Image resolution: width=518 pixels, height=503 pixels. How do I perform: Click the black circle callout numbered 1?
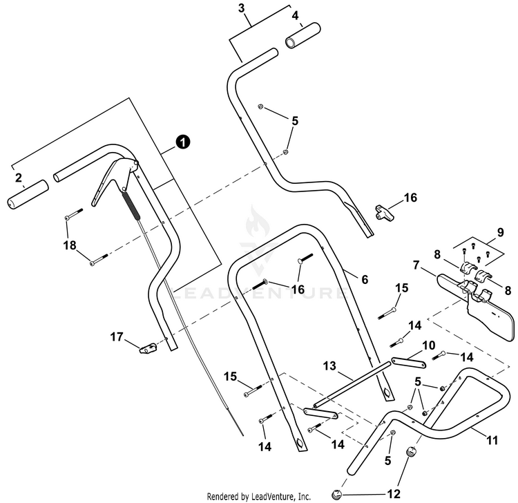[183, 142]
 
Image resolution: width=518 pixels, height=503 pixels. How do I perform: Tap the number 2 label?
[19, 178]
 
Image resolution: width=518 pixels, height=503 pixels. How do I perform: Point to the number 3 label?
[242, 8]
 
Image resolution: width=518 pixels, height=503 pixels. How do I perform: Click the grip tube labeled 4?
[303, 36]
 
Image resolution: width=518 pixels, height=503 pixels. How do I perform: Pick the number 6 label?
[365, 280]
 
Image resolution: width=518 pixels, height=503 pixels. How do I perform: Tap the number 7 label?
[416, 265]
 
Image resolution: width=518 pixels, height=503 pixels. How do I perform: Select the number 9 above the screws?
[501, 233]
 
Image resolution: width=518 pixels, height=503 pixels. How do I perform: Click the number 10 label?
[429, 346]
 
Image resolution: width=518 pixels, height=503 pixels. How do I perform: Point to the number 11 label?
[492, 440]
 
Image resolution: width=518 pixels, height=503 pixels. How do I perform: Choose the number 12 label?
[394, 494]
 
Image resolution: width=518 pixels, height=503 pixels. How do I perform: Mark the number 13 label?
[329, 366]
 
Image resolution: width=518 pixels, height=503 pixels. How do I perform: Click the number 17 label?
[117, 337]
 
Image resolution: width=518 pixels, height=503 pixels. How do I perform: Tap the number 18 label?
[70, 245]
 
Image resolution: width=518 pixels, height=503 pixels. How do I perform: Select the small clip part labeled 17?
[148, 349]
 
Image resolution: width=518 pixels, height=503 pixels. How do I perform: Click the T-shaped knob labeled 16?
[385, 213]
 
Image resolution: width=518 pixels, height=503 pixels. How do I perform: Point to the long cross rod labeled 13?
[352, 384]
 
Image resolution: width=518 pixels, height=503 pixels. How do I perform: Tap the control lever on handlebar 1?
[113, 181]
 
